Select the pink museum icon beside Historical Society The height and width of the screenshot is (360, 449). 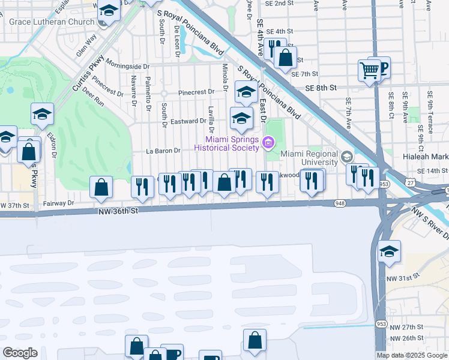268,143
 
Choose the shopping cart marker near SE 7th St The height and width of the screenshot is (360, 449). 369,70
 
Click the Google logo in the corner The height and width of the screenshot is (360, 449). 20,353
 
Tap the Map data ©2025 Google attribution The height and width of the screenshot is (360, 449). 412,355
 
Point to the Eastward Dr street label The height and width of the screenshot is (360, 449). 188,121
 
